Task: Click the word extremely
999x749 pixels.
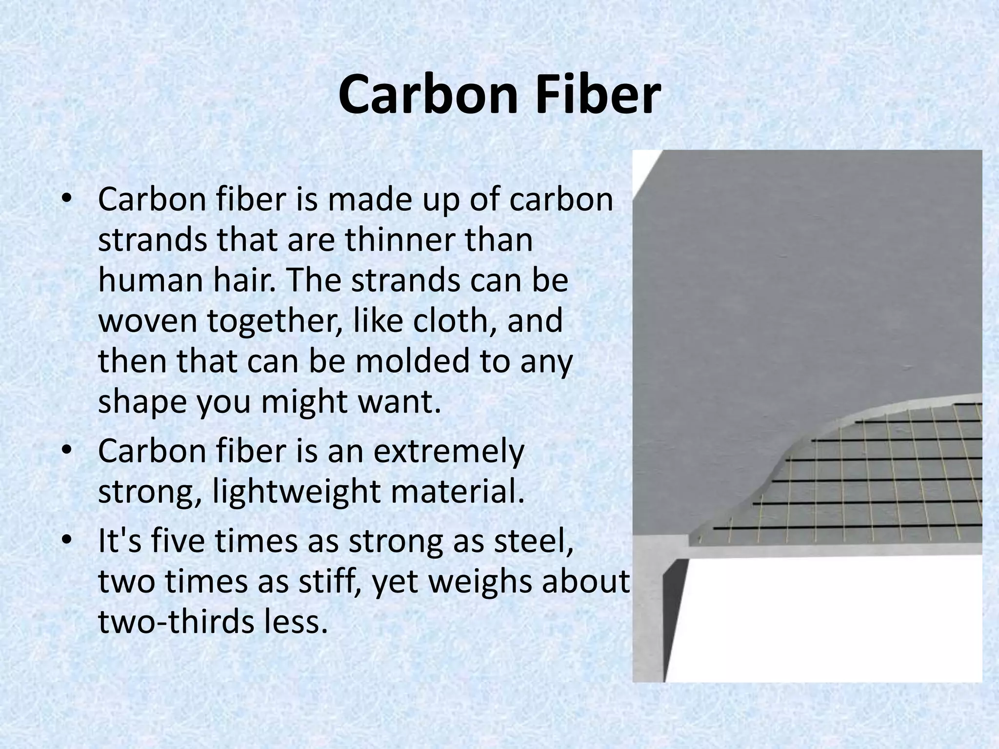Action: click(x=449, y=452)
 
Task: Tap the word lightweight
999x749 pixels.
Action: click(x=296, y=492)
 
